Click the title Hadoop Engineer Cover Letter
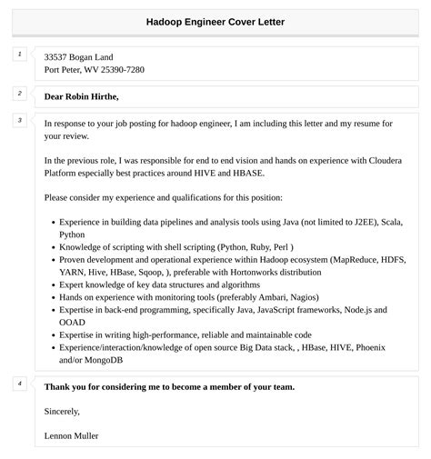coord(215,23)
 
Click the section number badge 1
coord(19,55)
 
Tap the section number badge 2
coord(19,94)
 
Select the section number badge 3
coord(19,120)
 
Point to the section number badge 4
coord(19,384)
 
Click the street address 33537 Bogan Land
coord(79,56)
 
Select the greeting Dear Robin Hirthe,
coord(82,96)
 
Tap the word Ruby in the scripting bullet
coord(257,246)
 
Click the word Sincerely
coord(62,411)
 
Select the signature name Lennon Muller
coord(71,435)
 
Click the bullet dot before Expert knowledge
coord(52,284)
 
